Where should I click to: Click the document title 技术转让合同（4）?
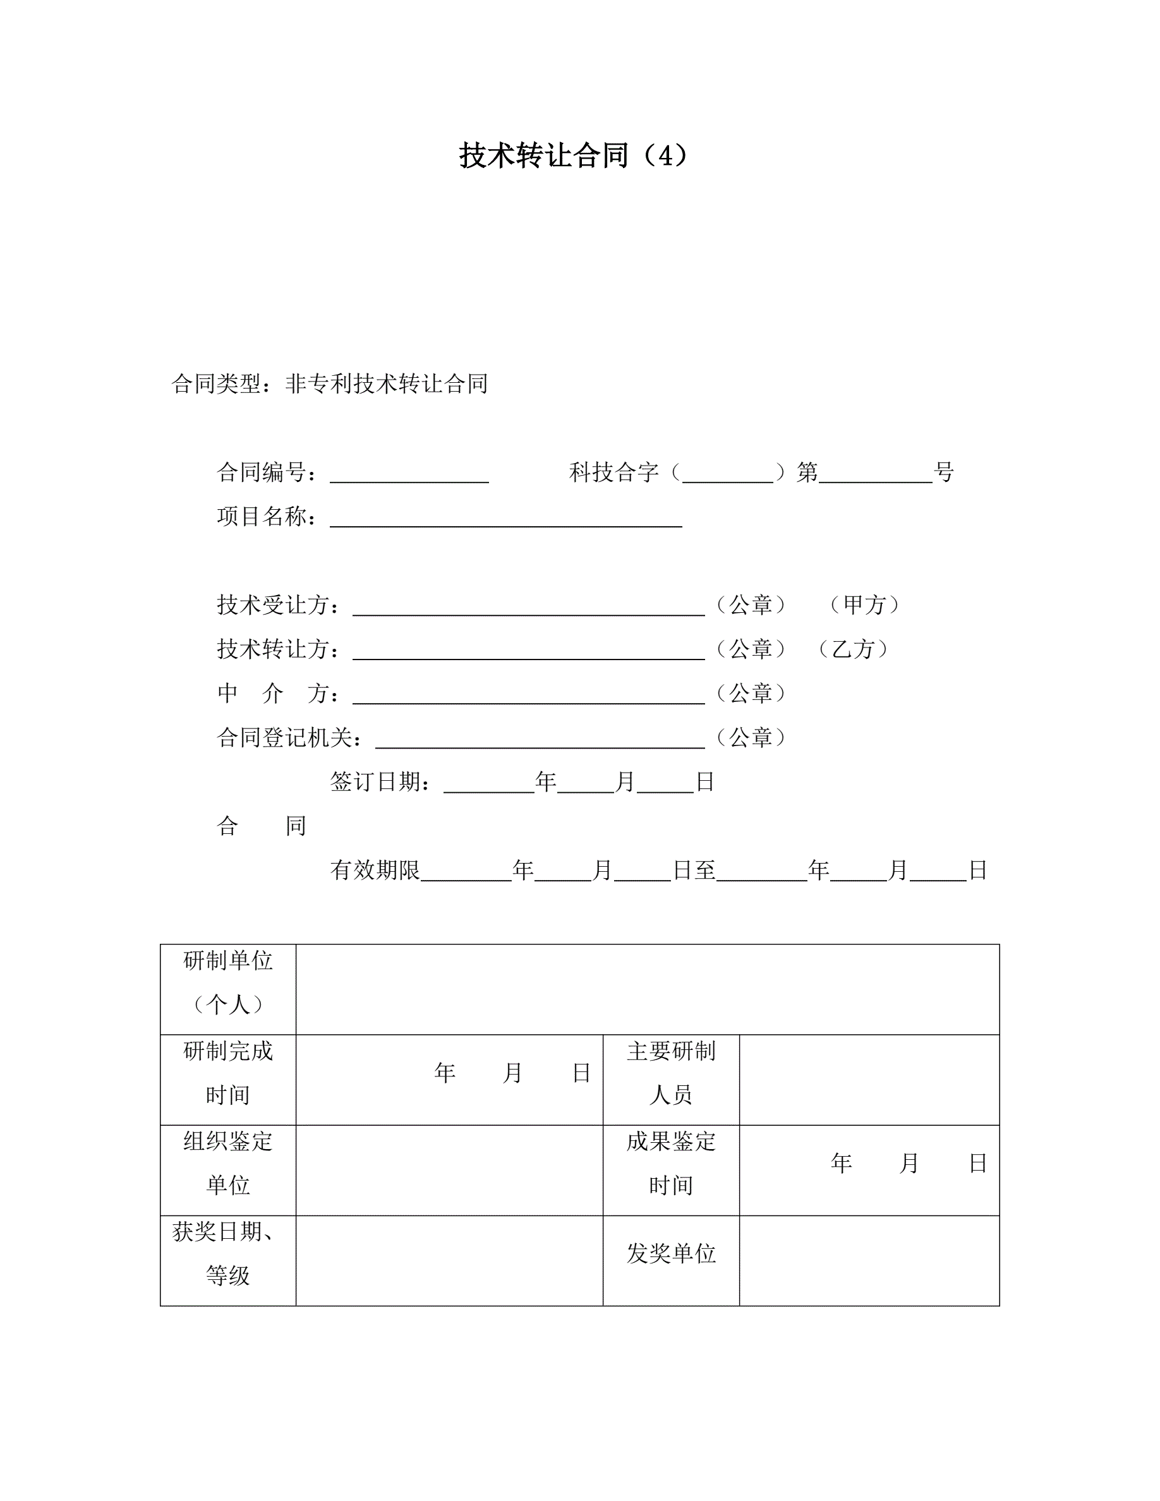574,156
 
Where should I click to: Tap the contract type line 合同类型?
330,383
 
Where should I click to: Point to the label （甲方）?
864,605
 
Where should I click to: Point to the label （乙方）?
853,649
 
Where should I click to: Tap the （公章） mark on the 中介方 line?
751,693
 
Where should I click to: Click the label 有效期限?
375,870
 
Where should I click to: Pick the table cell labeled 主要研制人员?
671,1073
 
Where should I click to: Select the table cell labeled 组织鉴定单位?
228,1163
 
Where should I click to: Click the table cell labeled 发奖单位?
671,1253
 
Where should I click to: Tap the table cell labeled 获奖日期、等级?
228,1253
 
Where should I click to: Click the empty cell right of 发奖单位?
869,1253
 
